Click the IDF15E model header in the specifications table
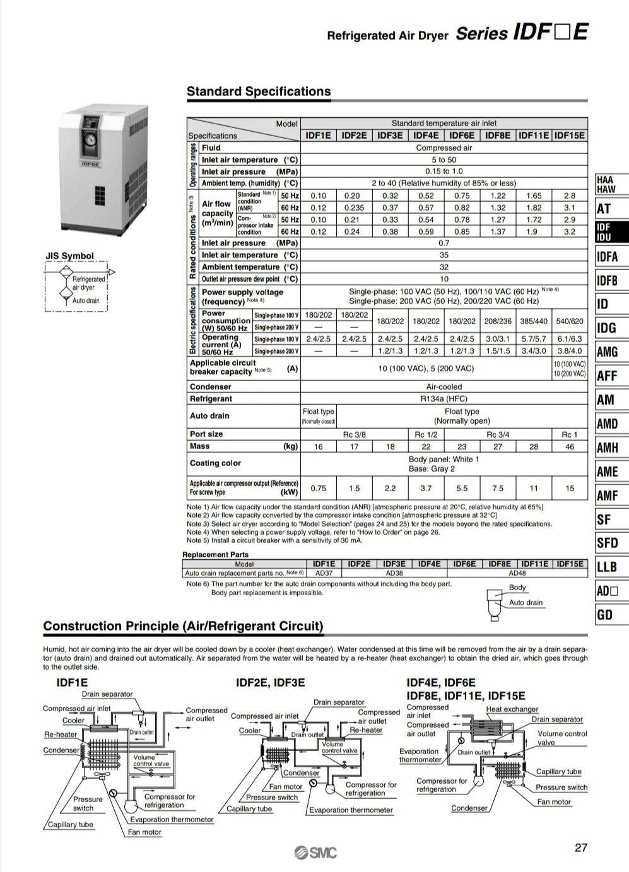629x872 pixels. (570, 136)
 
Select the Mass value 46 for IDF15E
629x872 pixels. (570, 446)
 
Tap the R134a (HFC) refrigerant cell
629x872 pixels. (444, 398)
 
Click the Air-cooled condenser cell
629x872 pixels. (444, 387)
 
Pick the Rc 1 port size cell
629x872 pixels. (570, 434)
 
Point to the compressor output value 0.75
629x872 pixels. (319, 488)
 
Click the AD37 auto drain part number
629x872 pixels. (324, 573)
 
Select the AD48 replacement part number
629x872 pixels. (517, 573)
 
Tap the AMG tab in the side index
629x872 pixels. (607, 352)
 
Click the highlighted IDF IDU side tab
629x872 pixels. (604, 232)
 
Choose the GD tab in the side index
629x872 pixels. (604, 615)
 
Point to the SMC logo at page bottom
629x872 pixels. (315, 853)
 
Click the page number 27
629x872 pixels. (581, 847)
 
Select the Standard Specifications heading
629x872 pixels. (259, 91)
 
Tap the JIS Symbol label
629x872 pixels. (69, 256)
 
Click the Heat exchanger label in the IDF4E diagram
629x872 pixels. (512, 709)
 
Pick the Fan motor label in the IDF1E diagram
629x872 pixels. (144, 832)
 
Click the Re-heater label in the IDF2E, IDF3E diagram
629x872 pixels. (366, 730)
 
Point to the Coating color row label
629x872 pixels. (215, 463)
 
